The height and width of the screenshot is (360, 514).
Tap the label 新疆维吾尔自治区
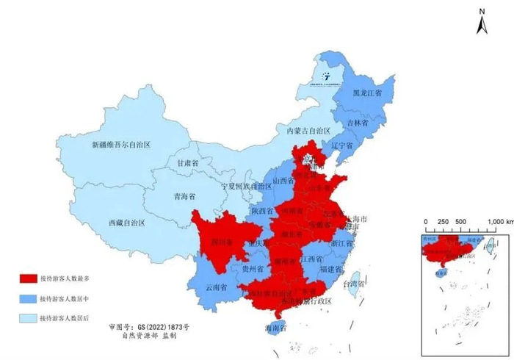click(120, 145)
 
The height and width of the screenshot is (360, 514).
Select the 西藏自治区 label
click(126, 222)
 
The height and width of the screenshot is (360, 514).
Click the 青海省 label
click(184, 197)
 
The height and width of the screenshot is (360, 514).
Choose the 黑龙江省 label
click(367, 94)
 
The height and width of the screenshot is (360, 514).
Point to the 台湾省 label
click(357, 283)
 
